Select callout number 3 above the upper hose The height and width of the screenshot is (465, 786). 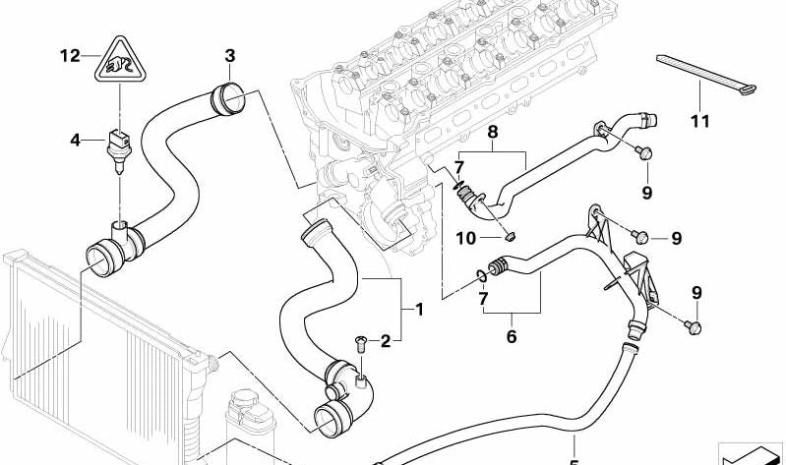click(x=229, y=55)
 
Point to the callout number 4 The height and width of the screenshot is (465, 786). click(x=75, y=141)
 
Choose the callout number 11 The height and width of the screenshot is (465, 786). click(x=699, y=123)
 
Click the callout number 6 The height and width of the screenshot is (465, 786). click(x=511, y=335)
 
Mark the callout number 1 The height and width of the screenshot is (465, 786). click(x=419, y=311)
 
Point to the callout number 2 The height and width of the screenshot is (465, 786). click(x=385, y=341)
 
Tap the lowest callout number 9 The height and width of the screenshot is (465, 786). click(x=696, y=292)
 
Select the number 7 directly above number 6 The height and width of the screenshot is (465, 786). click(x=483, y=299)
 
